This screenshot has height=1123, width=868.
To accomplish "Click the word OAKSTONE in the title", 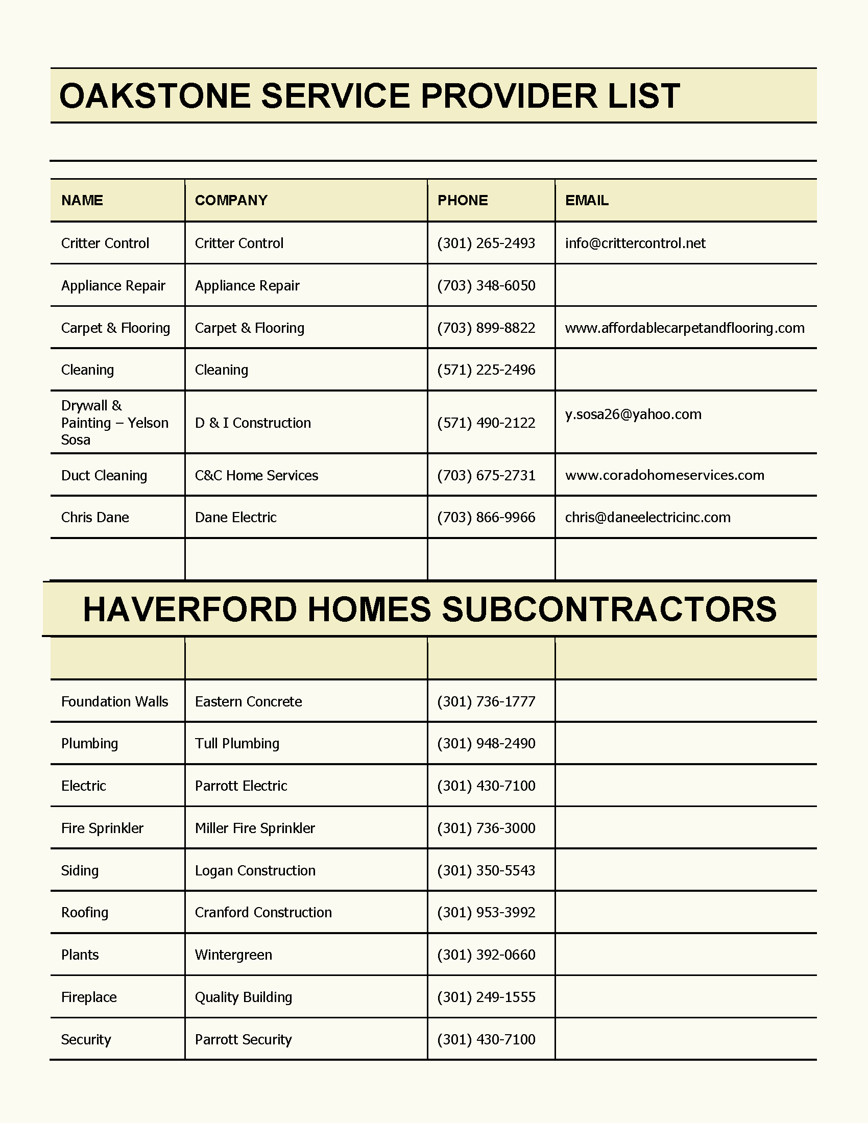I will coord(155,96).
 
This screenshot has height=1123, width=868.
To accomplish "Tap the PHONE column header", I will coord(462,200).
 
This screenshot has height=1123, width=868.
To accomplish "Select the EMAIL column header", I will coord(587,200).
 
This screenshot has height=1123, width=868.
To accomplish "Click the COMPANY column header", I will coord(231,200).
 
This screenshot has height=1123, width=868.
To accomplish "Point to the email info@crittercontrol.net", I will coord(635,243).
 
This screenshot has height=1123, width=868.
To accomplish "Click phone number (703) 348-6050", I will coord(486,285).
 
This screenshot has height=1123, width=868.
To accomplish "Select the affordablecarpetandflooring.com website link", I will coord(684,328).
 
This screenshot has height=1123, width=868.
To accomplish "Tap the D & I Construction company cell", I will coord(252,423).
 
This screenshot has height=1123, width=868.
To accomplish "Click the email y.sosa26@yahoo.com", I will coord(633,414).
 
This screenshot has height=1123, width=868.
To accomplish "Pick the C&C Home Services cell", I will coord(256,475).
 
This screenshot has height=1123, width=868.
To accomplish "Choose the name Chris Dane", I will coord(95,517).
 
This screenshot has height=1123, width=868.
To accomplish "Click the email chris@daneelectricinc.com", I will coord(647,517).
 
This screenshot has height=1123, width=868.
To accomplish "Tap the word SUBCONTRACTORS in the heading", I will coord(609,609).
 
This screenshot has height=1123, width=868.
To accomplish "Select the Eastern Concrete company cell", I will coord(248,701).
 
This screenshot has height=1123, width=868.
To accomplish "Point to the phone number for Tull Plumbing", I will coord(486,744).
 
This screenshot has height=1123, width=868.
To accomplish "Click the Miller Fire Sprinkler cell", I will coord(255,828).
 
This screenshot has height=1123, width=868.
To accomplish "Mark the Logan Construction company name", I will coord(255,870).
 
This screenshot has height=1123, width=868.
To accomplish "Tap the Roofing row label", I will coord(85,913).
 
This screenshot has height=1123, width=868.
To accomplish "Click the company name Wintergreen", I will coord(233,955).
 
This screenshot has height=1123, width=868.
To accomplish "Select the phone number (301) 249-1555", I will coord(486,997).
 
